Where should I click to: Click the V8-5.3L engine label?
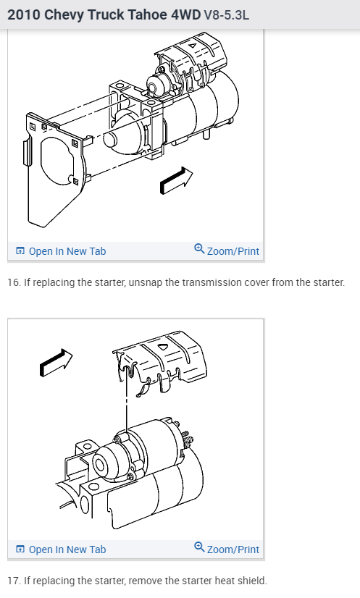tap(227, 15)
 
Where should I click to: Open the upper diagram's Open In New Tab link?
tap(61, 251)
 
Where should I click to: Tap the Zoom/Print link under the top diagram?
tap(227, 250)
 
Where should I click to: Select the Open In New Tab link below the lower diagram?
tap(61, 549)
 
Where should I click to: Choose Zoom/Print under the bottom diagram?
tap(227, 549)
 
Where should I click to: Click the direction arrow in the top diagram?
tap(176, 180)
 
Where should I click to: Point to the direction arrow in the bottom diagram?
tap(56, 362)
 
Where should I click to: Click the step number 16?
tap(13, 282)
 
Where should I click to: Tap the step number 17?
tap(13, 581)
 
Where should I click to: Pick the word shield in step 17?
tap(255, 581)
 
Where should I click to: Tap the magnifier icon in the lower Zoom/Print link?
tap(199, 547)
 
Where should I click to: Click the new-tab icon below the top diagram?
tap(20, 251)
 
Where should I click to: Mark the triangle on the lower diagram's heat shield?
tap(163, 347)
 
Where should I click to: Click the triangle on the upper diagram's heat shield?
tap(193, 46)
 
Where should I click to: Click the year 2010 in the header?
tap(24, 14)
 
